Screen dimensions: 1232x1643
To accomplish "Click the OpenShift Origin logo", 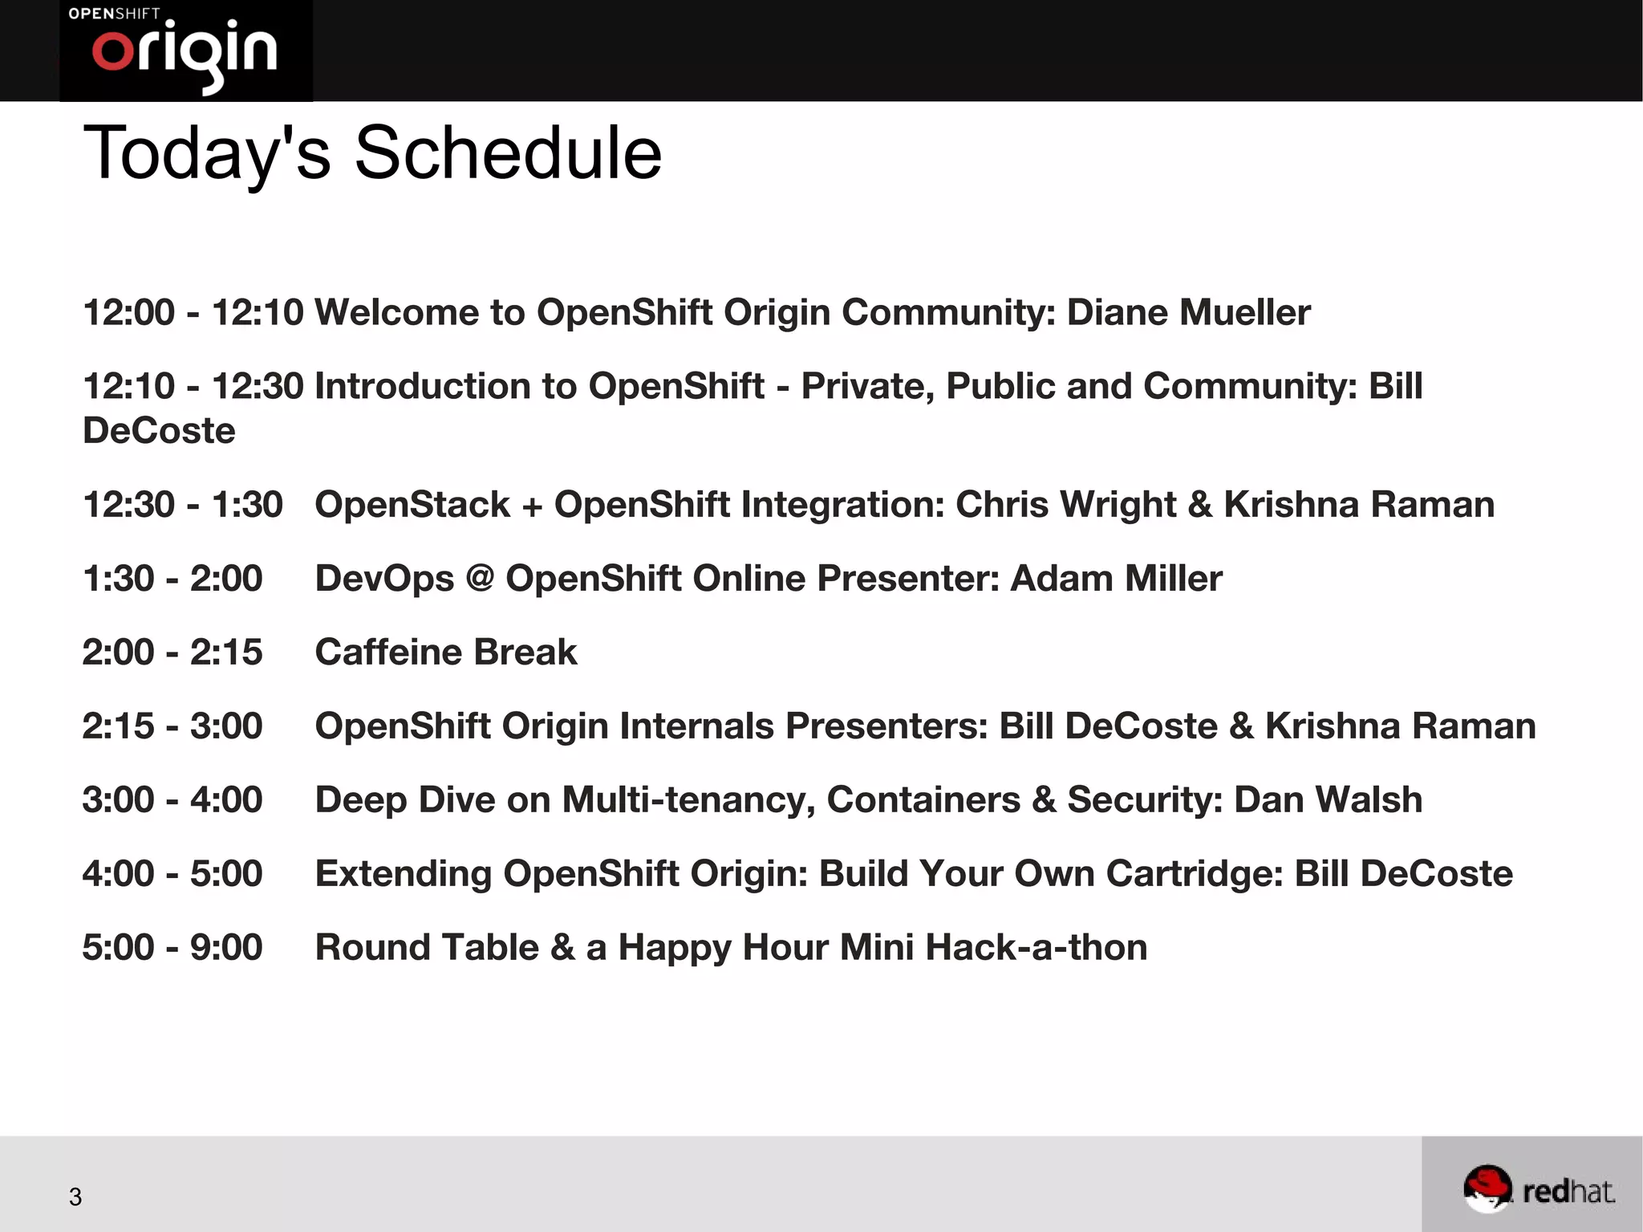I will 185,50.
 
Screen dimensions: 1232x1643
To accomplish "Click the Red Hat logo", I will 1539,1188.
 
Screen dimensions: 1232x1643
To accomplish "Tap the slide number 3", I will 75,1197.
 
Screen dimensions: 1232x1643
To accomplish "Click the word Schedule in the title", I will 508,153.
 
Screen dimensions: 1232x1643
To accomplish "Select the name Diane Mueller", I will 1188,312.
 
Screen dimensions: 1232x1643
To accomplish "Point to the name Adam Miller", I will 1116,579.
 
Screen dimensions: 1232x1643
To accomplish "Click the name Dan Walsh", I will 1328,800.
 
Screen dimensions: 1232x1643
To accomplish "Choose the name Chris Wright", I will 1066,505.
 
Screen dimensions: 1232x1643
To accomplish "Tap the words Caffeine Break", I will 446,653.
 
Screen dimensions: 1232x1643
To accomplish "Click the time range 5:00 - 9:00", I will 172,948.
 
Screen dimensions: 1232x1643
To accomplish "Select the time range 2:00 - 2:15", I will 172,653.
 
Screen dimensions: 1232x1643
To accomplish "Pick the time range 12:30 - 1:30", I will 183,505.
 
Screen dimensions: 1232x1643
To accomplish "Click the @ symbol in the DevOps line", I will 480,578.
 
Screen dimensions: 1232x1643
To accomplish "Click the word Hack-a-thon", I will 1036,948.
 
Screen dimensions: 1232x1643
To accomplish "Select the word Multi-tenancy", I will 689,800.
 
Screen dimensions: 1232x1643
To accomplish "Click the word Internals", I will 697,726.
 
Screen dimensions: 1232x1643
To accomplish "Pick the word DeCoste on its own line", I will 159,431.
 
